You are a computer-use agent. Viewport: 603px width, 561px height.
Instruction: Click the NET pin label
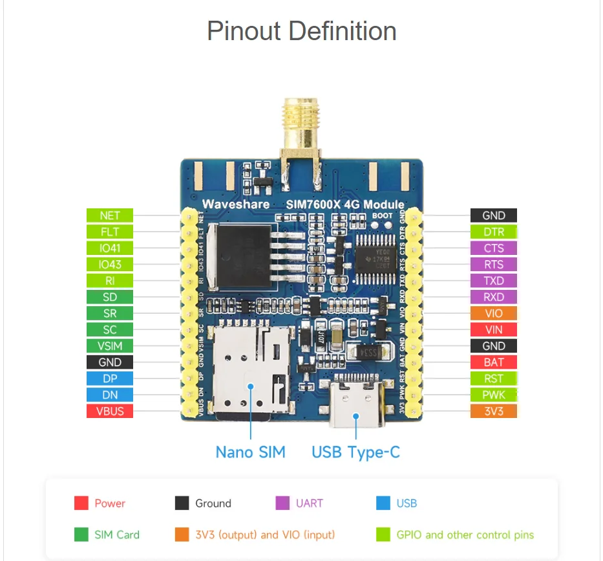(x=110, y=215)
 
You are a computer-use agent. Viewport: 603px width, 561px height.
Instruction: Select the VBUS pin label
(x=110, y=411)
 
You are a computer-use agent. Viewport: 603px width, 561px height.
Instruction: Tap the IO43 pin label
(x=110, y=265)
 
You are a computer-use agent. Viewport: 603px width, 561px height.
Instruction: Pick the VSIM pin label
(x=110, y=346)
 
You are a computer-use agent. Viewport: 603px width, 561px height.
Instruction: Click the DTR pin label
(x=494, y=232)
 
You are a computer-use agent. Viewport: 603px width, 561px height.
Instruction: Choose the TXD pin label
(x=494, y=281)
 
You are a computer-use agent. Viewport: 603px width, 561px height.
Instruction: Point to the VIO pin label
(x=494, y=313)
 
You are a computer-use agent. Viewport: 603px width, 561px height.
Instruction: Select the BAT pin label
(x=494, y=362)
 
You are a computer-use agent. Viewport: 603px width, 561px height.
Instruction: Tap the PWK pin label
(x=494, y=395)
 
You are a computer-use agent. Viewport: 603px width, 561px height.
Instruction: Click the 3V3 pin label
(x=494, y=411)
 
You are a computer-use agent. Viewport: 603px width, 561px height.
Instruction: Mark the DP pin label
(x=110, y=379)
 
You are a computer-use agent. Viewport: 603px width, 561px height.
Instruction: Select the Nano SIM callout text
(x=250, y=452)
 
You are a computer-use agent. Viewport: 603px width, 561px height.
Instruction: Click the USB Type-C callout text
(x=355, y=452)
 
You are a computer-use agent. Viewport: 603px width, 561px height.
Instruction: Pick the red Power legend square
(x=81, y=503)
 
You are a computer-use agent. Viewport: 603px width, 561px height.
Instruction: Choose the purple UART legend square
(x=282, y=503)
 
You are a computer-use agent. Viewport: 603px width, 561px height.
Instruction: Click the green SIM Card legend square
(x=81, y=535)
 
